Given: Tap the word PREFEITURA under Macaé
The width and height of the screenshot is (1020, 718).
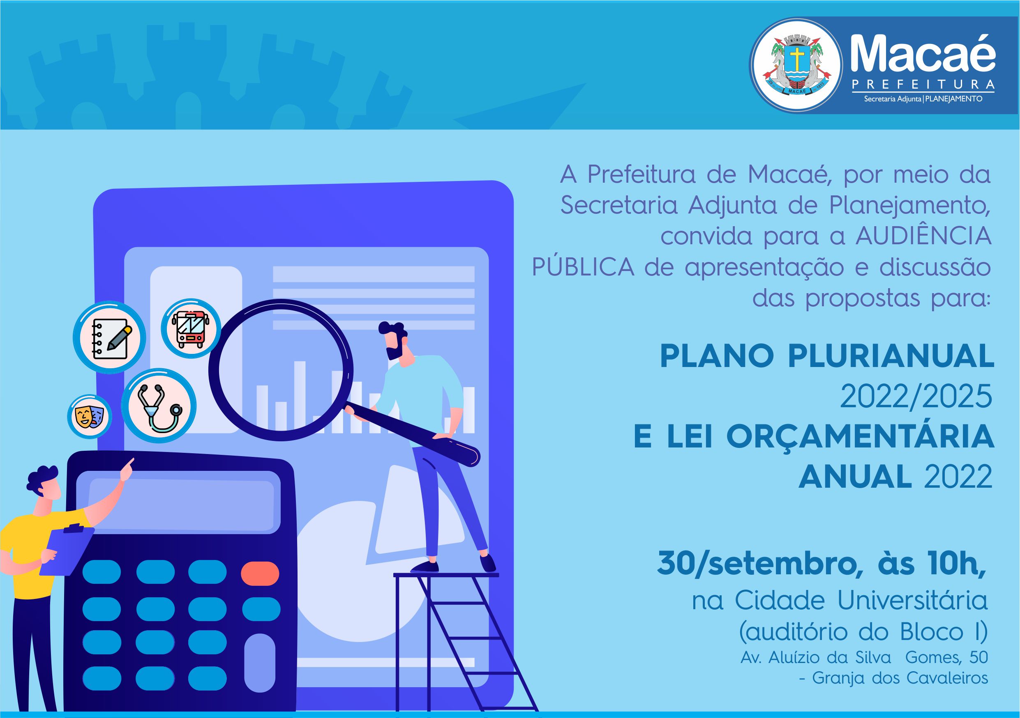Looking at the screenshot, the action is (923, 84).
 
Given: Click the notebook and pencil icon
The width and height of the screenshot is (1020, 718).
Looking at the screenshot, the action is (109, 337).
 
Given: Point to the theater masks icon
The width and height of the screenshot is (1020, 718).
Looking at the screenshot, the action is (90, 417).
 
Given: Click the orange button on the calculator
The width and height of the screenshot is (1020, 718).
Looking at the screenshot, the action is (260, 573).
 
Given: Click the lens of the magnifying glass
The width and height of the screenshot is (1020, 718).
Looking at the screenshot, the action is (281, 370).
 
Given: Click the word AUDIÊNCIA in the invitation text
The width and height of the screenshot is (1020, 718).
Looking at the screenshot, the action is (923, 236).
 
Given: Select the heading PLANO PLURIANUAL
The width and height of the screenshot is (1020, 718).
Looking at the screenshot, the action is (827, 356).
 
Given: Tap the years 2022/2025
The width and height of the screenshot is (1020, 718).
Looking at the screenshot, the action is (916, 396).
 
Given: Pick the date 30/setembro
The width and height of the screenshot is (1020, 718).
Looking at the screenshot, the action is (757, 564).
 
